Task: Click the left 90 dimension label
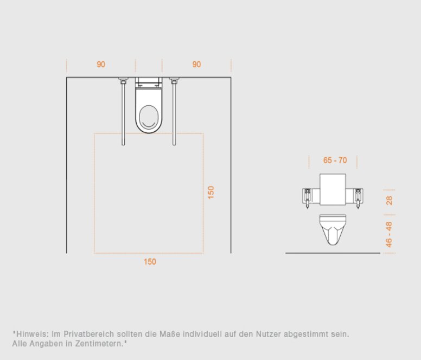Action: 101,65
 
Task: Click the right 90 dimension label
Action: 196,65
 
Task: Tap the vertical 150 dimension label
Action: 211,192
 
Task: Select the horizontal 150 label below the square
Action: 150,261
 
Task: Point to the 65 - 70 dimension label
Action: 335,160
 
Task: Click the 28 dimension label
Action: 389,201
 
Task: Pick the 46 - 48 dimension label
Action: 389,234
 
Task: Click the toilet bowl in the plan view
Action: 149,111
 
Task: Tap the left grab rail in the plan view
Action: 123,112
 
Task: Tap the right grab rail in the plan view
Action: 174,112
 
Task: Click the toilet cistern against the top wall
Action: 149,82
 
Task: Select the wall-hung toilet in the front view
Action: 333,230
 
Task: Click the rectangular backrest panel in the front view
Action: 333,190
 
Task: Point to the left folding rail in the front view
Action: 308,198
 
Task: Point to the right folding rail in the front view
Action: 358,198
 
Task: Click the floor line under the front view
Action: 333,253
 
